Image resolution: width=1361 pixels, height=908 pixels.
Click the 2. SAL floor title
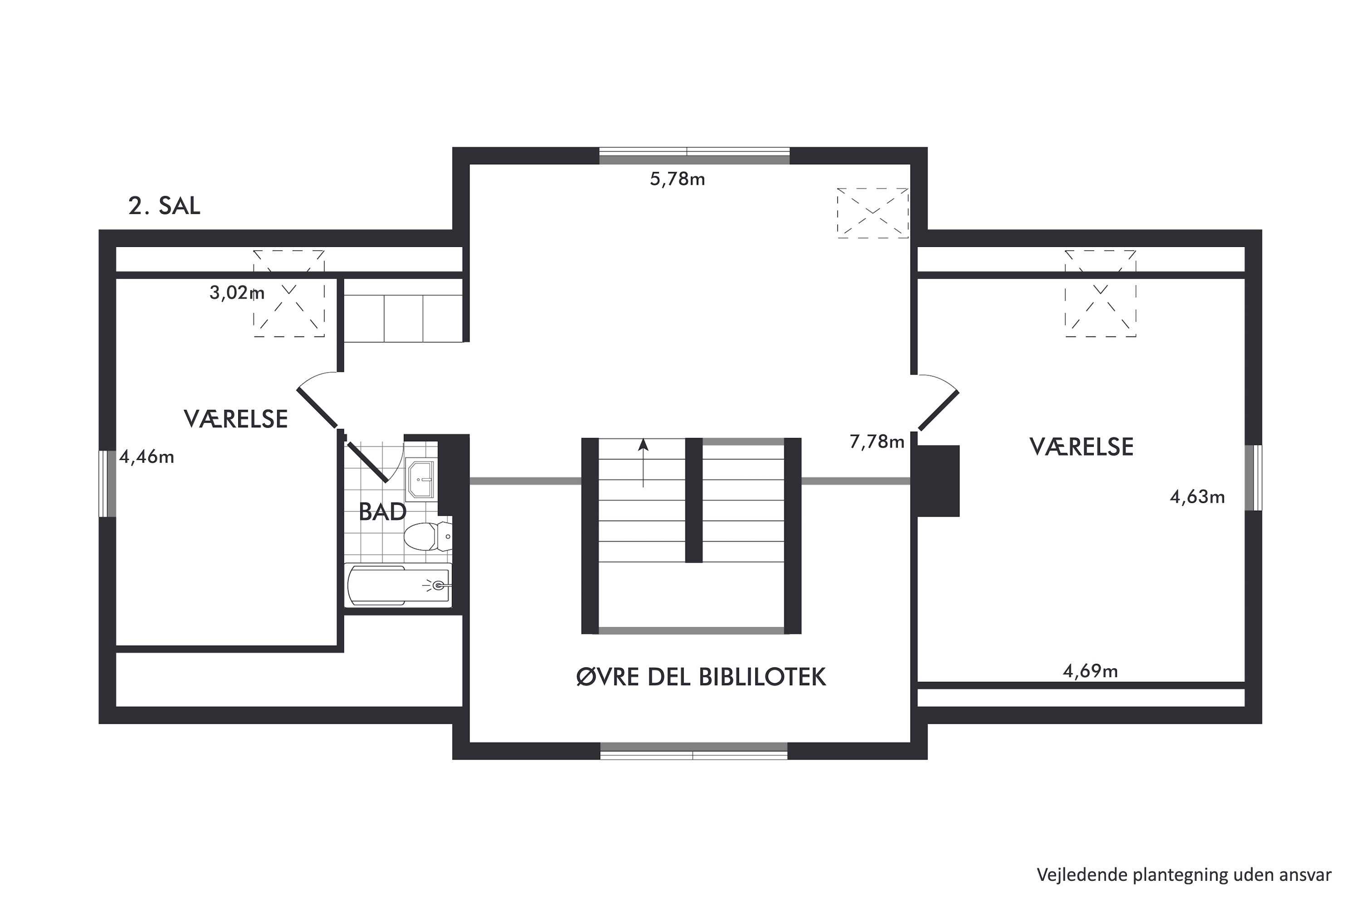[x=164, y=206]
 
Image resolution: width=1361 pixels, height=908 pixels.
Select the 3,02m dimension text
[x=237, y=293]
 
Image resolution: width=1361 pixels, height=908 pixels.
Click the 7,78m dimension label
[x=876, y=442]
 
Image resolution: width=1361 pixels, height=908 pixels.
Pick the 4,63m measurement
[x=1197, y=497]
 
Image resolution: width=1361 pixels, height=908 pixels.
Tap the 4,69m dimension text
[x=1090, y=671]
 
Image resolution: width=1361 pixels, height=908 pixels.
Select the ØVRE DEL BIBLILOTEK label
[x=701, y=677]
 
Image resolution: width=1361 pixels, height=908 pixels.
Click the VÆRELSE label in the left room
[x=236, y=419]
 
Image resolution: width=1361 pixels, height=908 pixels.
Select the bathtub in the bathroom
[x=399, y=586]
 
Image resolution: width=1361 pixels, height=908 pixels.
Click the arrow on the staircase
[x=643, y=463]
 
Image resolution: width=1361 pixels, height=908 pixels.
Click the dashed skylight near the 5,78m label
[x=872, y=213]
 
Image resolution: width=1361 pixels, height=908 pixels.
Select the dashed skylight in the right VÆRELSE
[x=1101, y=294]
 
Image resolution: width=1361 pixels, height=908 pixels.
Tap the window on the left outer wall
[x=108, y=484]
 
